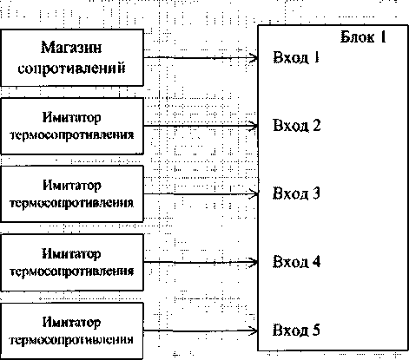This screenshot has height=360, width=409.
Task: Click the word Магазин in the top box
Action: coord(71,48)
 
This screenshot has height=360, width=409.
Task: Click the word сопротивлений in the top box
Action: coord(71,69)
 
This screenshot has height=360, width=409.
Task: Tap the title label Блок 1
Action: coord(363,37)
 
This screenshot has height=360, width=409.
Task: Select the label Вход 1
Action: coord(296,57)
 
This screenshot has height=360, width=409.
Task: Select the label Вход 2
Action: coord(296,126)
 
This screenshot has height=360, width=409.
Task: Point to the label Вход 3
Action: coord(296,193)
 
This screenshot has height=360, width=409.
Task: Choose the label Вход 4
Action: coord(296,262)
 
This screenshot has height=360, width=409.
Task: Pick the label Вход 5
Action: coord(296,330)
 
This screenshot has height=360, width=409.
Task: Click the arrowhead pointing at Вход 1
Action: coord(254,58)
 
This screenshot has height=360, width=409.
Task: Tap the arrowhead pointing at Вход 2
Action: coord(254,126)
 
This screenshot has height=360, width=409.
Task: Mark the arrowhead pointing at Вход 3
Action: coord(254,194)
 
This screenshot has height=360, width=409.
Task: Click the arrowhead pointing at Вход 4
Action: coord(254,262)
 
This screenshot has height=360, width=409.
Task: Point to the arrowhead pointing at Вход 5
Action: coord(254,331)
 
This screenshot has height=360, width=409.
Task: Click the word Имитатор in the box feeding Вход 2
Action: coord(71,118)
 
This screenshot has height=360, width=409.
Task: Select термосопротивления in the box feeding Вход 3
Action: coord(71,203)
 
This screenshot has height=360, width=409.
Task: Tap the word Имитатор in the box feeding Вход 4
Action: coord(71,254)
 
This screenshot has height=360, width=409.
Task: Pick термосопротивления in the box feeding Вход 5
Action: coord(71,340)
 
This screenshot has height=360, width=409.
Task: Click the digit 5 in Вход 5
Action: coord(316,330)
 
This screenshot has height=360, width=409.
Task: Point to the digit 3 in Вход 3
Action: coord(316,193)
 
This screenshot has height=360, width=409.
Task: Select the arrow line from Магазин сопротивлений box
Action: coord(201,58)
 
